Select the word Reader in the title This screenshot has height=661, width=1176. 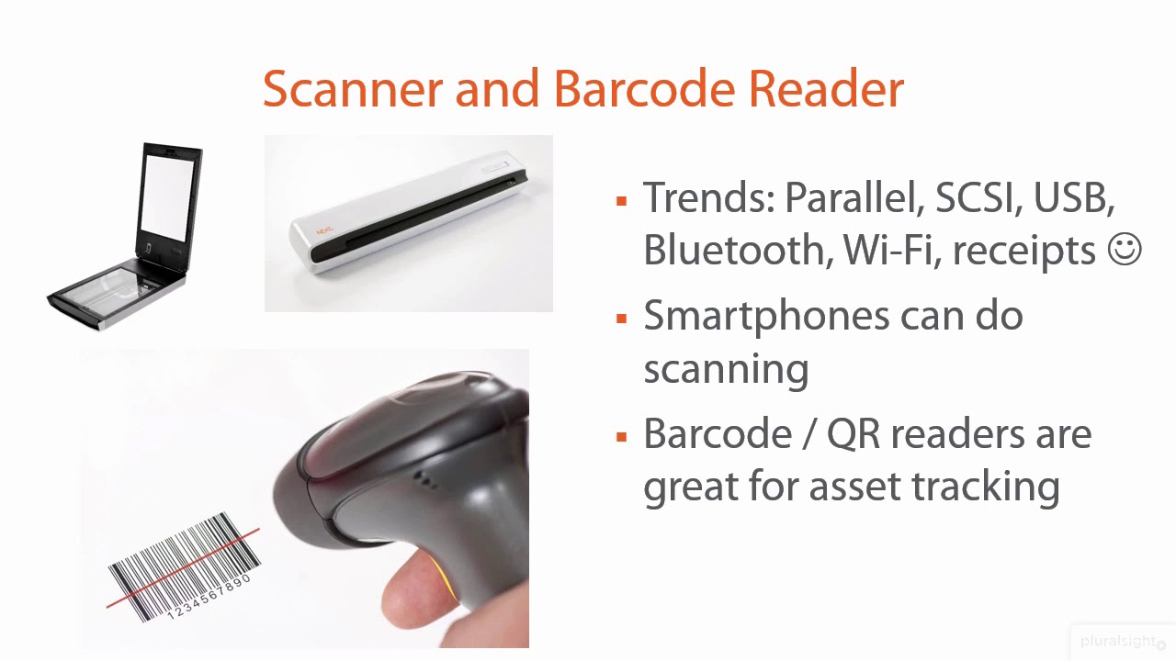pos(826,89)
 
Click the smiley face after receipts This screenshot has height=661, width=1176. pos(1125,250)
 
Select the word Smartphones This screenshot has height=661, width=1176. pos(765,317)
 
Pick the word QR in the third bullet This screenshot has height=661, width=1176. pos(855,433)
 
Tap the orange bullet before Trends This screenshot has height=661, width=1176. pos(622,199)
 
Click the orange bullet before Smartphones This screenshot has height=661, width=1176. pos(622,318)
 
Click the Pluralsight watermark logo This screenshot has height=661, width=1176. pos(1122,641)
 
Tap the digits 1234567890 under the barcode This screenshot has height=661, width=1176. pos(210,597)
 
